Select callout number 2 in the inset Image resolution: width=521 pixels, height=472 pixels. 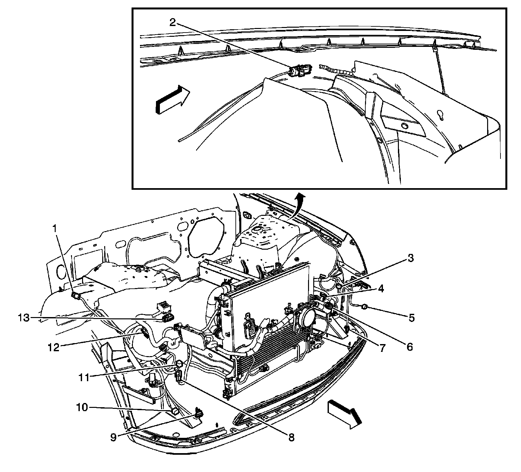point(173,22)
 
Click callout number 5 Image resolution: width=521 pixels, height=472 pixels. point(412,317)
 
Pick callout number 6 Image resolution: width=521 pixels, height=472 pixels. point(409,347)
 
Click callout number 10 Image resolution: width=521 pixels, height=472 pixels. point(82,407)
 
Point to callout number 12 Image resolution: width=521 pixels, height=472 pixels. point(53,347)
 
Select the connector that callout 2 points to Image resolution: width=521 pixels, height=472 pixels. point(300,71)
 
